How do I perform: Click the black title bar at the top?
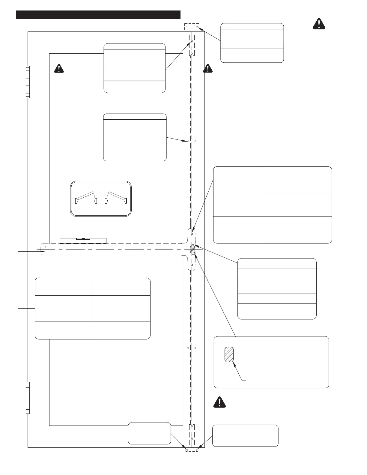click(x=98, y=15)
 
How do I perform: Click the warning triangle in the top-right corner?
click(x=319, y=24)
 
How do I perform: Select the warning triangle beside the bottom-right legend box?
click(x=219, y=402)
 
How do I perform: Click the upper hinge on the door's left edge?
click(x=28, y=82)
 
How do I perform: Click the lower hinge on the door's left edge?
click(x=28, y=398)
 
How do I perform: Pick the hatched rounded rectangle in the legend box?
click(x=229, y=355)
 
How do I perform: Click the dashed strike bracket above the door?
click(x=192, y=27)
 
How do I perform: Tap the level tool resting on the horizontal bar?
click(x=83, y=240)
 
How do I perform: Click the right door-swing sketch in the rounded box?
click(x=116, y=197)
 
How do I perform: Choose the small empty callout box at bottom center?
click(x=149, y=433)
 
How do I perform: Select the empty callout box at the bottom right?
click(x=245, y=435)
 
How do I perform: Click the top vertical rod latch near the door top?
click(x=192, y=45)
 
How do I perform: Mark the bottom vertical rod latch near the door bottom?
click(x=192, y=435)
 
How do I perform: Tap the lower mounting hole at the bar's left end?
click(x=45, y=251)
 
